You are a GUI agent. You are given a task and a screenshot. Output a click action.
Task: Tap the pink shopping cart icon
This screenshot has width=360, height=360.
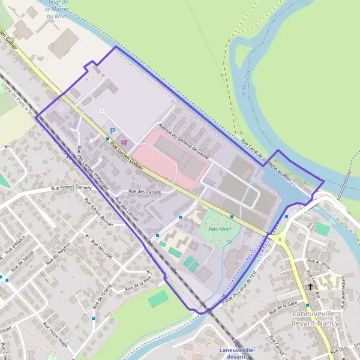pyautogui.click(x=124, y=143)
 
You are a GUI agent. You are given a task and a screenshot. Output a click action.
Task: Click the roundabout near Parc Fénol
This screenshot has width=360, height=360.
pyautogui.click(x=280, y=239)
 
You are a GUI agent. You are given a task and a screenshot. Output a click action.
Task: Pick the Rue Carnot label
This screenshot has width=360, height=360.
pyautogui.click(x=281, y=346)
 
